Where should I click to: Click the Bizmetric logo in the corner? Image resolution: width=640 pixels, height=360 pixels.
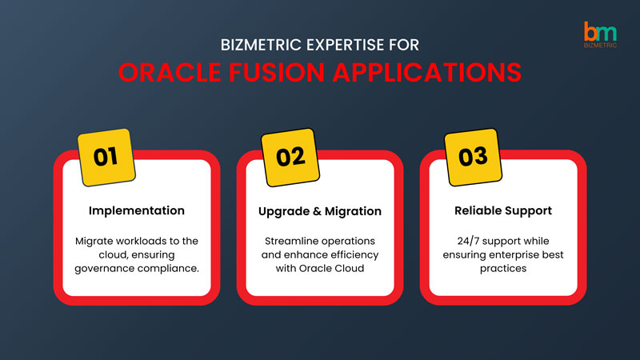(600, 34)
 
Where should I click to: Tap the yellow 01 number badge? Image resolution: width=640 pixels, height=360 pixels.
(106, 157)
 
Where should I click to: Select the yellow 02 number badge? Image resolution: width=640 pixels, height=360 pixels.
(290, 157)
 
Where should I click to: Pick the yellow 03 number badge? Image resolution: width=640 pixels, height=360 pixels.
(473, 157)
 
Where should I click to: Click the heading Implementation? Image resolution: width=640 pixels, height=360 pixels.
(137, 210)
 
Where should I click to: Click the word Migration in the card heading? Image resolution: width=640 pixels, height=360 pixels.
(353, 211)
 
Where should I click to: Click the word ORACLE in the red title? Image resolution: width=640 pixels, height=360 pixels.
(170, 72)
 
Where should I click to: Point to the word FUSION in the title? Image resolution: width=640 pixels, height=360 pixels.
(276, 72)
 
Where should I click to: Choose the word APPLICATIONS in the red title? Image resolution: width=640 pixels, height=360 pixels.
(427, 72)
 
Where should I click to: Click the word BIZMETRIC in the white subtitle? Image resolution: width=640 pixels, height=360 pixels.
(261, 45)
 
